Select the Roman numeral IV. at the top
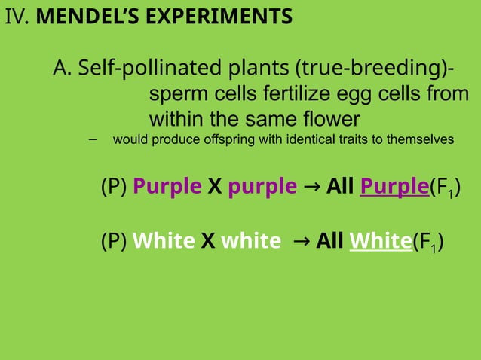[x=17, y=16]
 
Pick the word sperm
[x=174, y=95]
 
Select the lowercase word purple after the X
[x=262, y=186]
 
